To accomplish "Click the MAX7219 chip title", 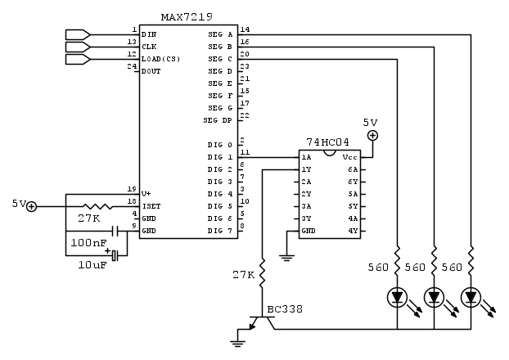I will coord(189,17).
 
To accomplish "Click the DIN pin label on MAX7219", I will coord(149,34).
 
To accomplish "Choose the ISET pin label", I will coord(151,206).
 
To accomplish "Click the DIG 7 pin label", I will coord(220,231).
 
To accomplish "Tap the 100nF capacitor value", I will coord(88,244).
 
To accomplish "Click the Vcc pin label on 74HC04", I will coord(349,157).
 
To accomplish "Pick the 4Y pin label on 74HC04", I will coord(353,231).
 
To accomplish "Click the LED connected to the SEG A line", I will coord(471,296).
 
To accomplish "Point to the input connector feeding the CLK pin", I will coord(76,47).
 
